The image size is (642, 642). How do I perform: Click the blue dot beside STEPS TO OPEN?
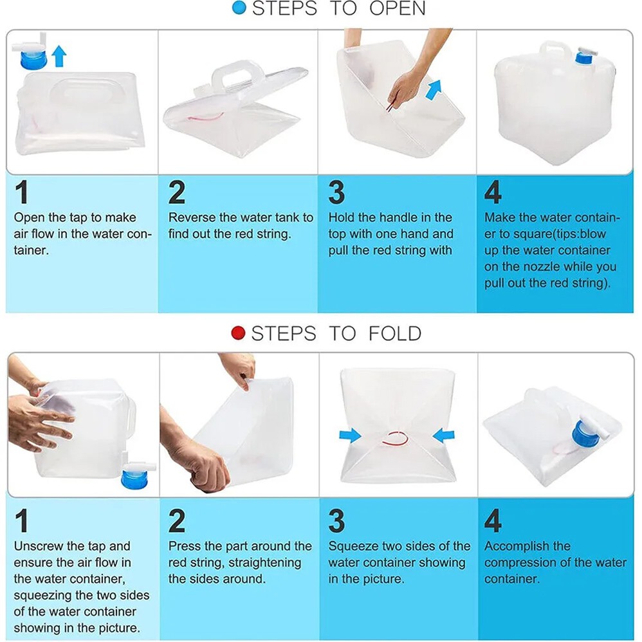[x=239, y=8]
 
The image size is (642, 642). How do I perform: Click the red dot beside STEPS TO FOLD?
[x=238, y=333]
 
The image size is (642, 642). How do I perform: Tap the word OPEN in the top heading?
[x=397, y=8]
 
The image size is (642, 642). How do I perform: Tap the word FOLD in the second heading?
[x=395, y=333]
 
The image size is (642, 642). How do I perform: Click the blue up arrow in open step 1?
[x=59, y=56]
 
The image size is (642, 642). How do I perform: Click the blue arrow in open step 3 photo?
[x=434, y=89]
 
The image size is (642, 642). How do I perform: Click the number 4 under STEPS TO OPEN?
[x=493, y=192]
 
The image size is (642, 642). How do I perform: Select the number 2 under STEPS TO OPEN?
[x=177, y=192]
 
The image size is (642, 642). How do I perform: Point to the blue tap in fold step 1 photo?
[x=136, y=475]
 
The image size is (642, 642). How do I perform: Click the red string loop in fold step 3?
[x=395, y=439]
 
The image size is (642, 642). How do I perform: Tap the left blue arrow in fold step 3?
[x=350, y=436]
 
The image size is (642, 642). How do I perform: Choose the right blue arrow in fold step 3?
[x=443, y=435]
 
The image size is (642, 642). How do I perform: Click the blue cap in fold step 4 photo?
[x=585, y=434]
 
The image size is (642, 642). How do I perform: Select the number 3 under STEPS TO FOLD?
[x=336, y=520]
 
